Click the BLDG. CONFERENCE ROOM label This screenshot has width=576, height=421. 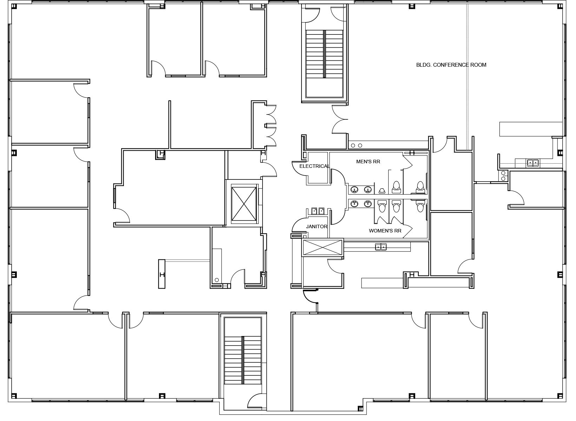[x=451, y=65]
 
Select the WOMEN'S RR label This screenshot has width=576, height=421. [x=385, y=231]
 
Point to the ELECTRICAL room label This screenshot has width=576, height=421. [x=315, y=166]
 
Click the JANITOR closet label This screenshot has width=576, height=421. [x=317, y=226]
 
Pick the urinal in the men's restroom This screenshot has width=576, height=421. [x=382, y=191]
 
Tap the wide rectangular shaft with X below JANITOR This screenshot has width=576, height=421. [x=323, y=248]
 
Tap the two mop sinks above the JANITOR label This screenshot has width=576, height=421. [x=318, y=211]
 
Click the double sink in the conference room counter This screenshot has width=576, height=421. [x=533, y=163]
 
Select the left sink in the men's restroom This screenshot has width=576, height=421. [x=355, y=190]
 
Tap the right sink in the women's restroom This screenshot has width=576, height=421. [x=368, y=204]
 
